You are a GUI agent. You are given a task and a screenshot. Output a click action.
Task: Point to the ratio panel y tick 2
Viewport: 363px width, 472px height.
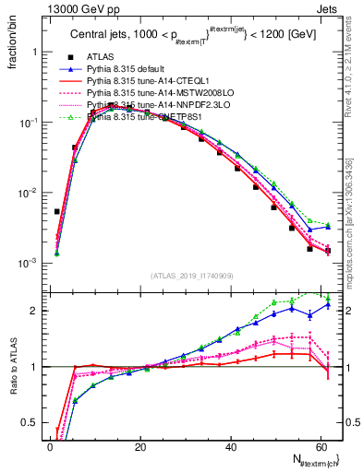click(34, 311)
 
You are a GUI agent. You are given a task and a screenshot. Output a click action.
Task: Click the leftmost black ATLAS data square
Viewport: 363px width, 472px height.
click(56, 211)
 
